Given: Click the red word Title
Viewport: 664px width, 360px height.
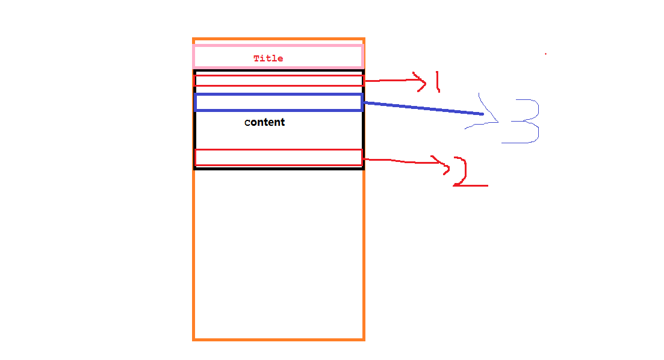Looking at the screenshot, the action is (268, 58).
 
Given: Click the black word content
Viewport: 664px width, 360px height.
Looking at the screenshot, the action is (264, 122).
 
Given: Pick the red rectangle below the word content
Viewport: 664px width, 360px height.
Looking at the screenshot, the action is (278, 157).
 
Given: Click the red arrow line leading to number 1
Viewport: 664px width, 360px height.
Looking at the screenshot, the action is (388, 79).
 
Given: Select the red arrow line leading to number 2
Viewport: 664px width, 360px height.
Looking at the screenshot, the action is (397, 160).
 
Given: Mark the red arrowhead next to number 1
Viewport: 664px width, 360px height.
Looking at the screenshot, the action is (421, 81).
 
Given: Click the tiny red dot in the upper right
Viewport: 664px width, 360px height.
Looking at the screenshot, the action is (545, 54).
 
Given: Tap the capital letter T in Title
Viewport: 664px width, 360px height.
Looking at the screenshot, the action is (256, 58).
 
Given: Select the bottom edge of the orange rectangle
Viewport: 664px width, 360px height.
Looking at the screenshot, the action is (278, 340).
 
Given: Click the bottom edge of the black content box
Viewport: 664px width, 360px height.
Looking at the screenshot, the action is (278, 168).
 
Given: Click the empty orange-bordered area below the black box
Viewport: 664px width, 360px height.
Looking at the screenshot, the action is (278, 253).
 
